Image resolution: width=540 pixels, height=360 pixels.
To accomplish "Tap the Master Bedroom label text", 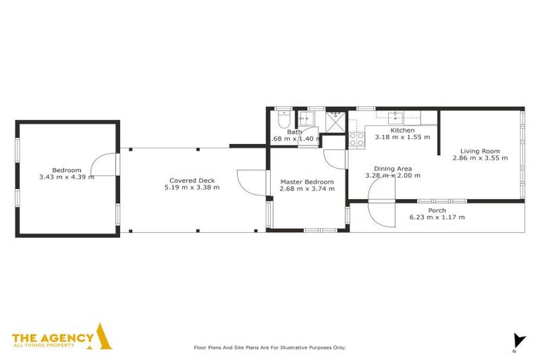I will point(307,181).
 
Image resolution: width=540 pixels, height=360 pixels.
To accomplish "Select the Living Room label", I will point(480,150).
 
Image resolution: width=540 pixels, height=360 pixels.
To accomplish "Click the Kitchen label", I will point(402,130).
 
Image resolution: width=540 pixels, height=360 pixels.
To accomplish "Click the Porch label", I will point(437,210).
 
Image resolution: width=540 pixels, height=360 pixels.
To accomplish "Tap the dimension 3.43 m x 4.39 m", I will point(67,177).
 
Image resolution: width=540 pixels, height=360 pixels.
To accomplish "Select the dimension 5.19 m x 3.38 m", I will point(191,188).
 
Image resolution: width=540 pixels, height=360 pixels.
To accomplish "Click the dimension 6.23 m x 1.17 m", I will point(437,217).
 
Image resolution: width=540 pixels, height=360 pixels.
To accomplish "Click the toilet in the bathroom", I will point(283,121).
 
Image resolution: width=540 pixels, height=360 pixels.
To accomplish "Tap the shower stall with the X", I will point(335,120).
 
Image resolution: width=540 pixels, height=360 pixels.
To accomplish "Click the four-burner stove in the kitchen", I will point(356,139).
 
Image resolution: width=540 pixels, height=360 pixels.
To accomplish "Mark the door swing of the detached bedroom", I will point(105,166).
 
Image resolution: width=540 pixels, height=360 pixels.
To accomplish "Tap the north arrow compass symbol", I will point(519,341).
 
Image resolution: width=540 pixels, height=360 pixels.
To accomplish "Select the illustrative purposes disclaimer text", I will point(269,347).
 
